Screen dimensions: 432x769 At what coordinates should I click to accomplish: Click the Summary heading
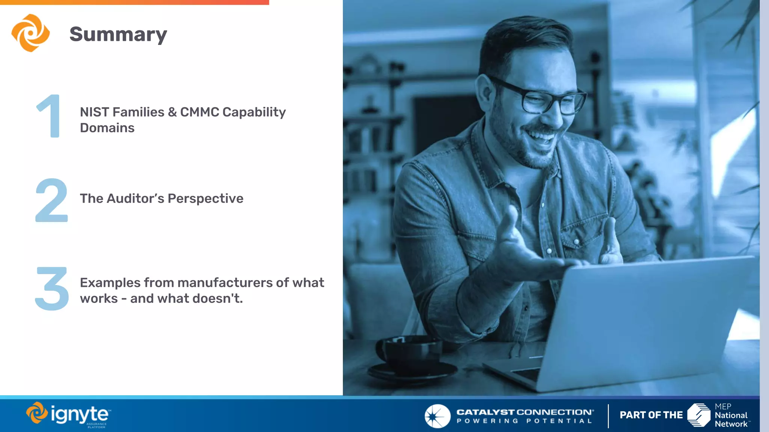coord(118,34)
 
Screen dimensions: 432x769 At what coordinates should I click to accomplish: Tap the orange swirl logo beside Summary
coord(30,33)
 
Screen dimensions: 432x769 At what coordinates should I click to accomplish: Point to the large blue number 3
coord(52,288)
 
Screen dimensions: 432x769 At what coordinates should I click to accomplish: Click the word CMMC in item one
coord(199,112)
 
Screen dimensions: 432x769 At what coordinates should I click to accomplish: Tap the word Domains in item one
coord(107,128)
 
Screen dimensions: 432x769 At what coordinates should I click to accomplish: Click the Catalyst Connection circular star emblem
coord(437,416)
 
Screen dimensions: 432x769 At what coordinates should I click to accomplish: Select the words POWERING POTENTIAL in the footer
coord(524,421)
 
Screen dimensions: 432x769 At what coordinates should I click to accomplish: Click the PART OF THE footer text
coord(651,415)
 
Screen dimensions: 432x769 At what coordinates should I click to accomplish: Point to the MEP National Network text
coord(731,415)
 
